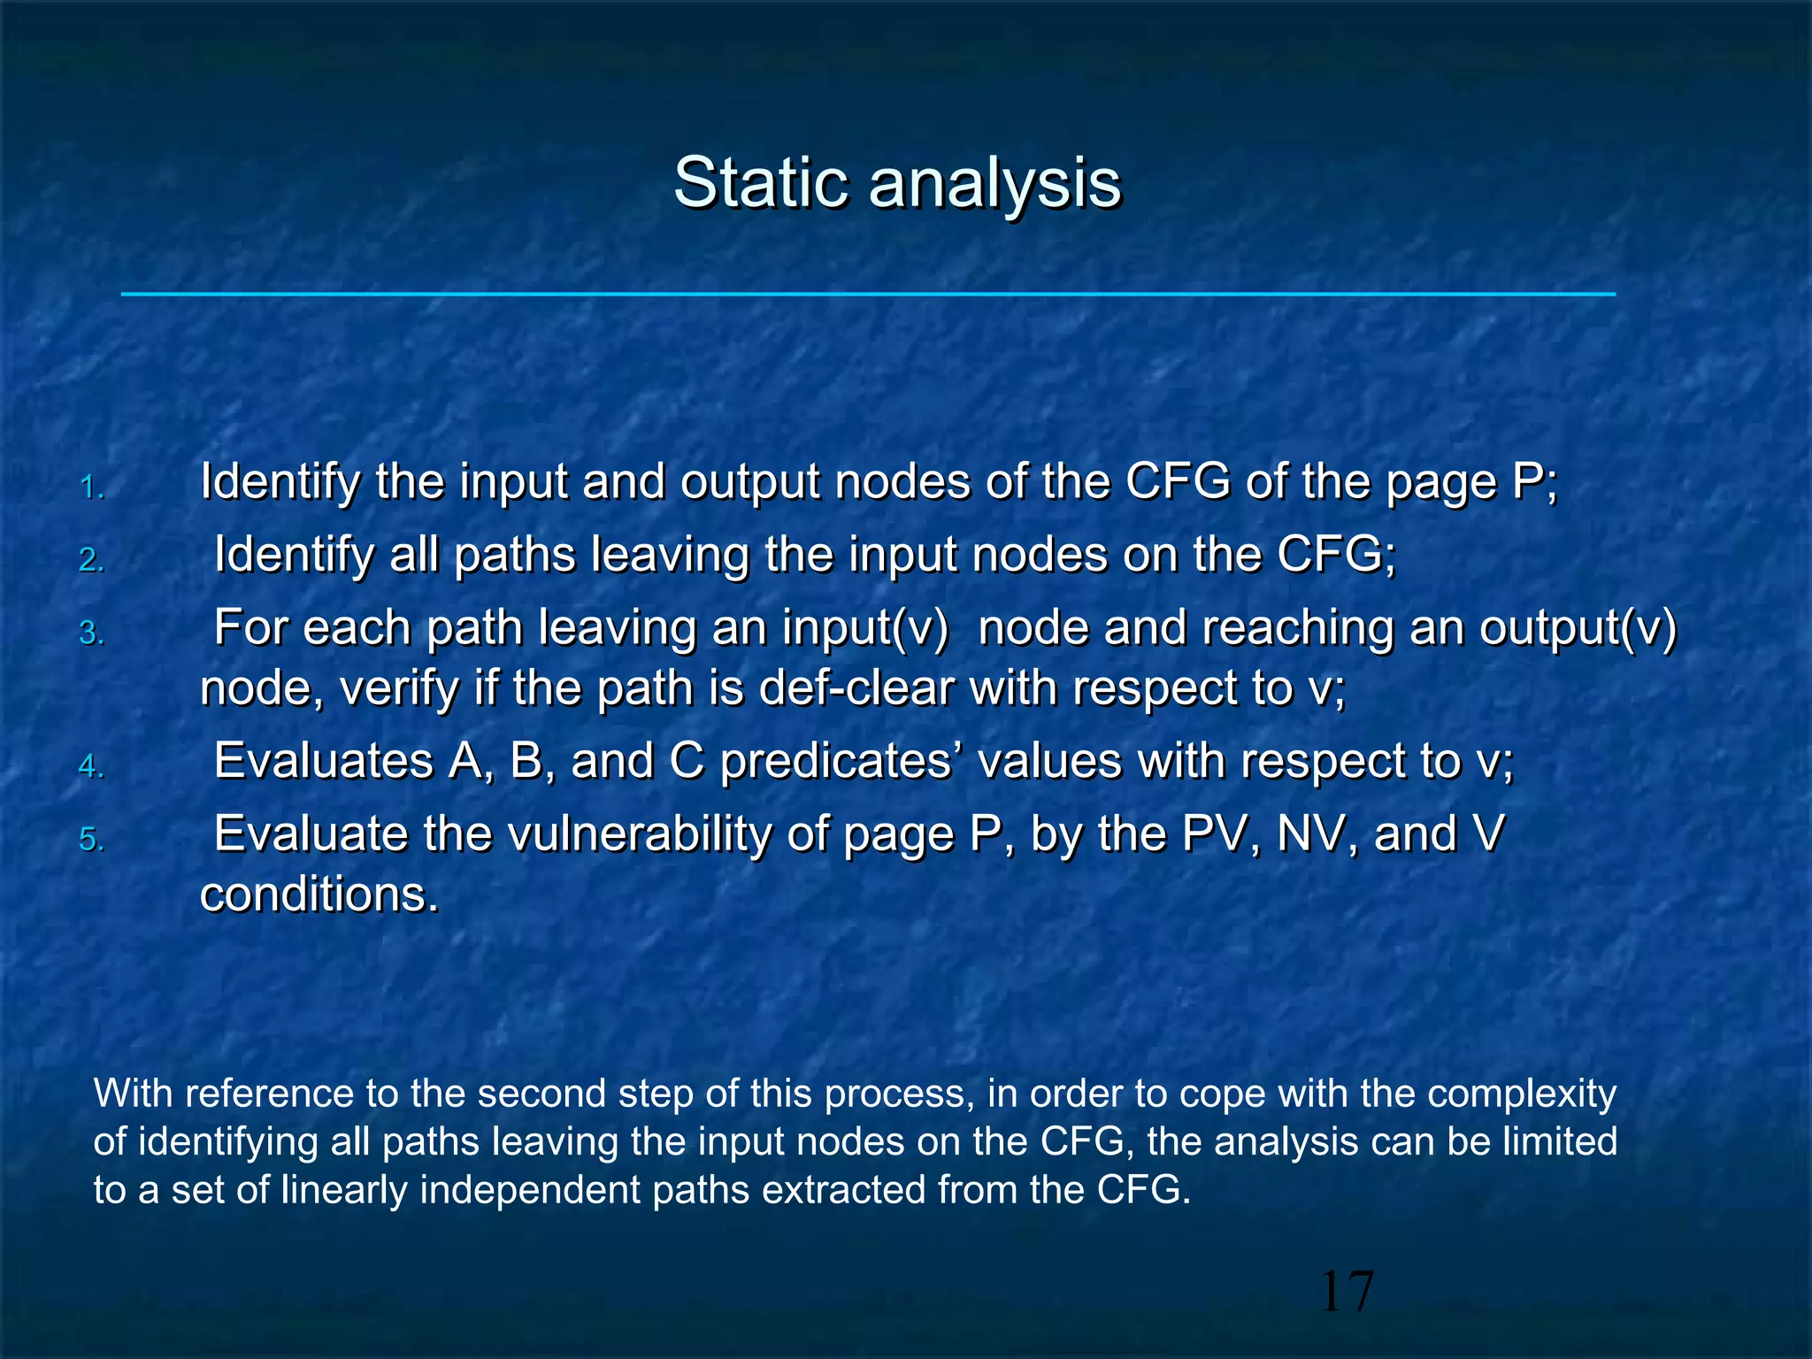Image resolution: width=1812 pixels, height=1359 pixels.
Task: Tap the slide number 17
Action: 1347,1291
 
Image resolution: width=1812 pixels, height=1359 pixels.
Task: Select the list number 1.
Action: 92,488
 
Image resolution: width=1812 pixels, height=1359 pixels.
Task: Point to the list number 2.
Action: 92,560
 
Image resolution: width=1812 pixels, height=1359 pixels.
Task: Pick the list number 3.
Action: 92,633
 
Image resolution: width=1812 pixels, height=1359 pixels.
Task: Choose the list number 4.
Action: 92,765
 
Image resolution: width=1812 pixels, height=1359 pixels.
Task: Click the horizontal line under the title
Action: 867,294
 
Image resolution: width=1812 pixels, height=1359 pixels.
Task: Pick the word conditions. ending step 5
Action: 319,894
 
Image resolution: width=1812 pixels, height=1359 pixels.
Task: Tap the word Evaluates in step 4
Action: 323,761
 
